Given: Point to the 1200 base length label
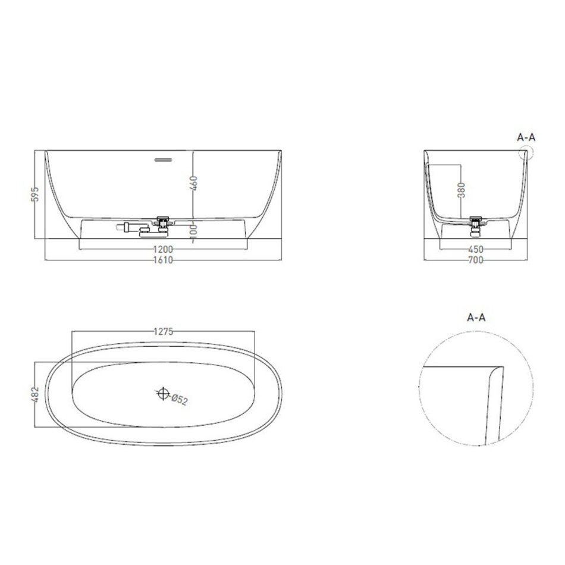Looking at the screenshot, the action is pyautogui.click(x=163, y=249).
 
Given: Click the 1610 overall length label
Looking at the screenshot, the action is pyautogui.click(x=163, y=260).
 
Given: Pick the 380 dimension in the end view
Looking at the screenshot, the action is pyautogui.click(x=462, y=190).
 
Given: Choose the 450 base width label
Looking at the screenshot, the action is pyautogui.click(x=476, y=249).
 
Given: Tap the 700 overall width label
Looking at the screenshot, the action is pyautogui.click(x=476, y=260).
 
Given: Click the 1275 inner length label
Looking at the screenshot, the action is pyautogui.click(x=163, y=331).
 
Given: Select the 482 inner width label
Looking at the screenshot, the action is pyautogui.click(x=35, y=394).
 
